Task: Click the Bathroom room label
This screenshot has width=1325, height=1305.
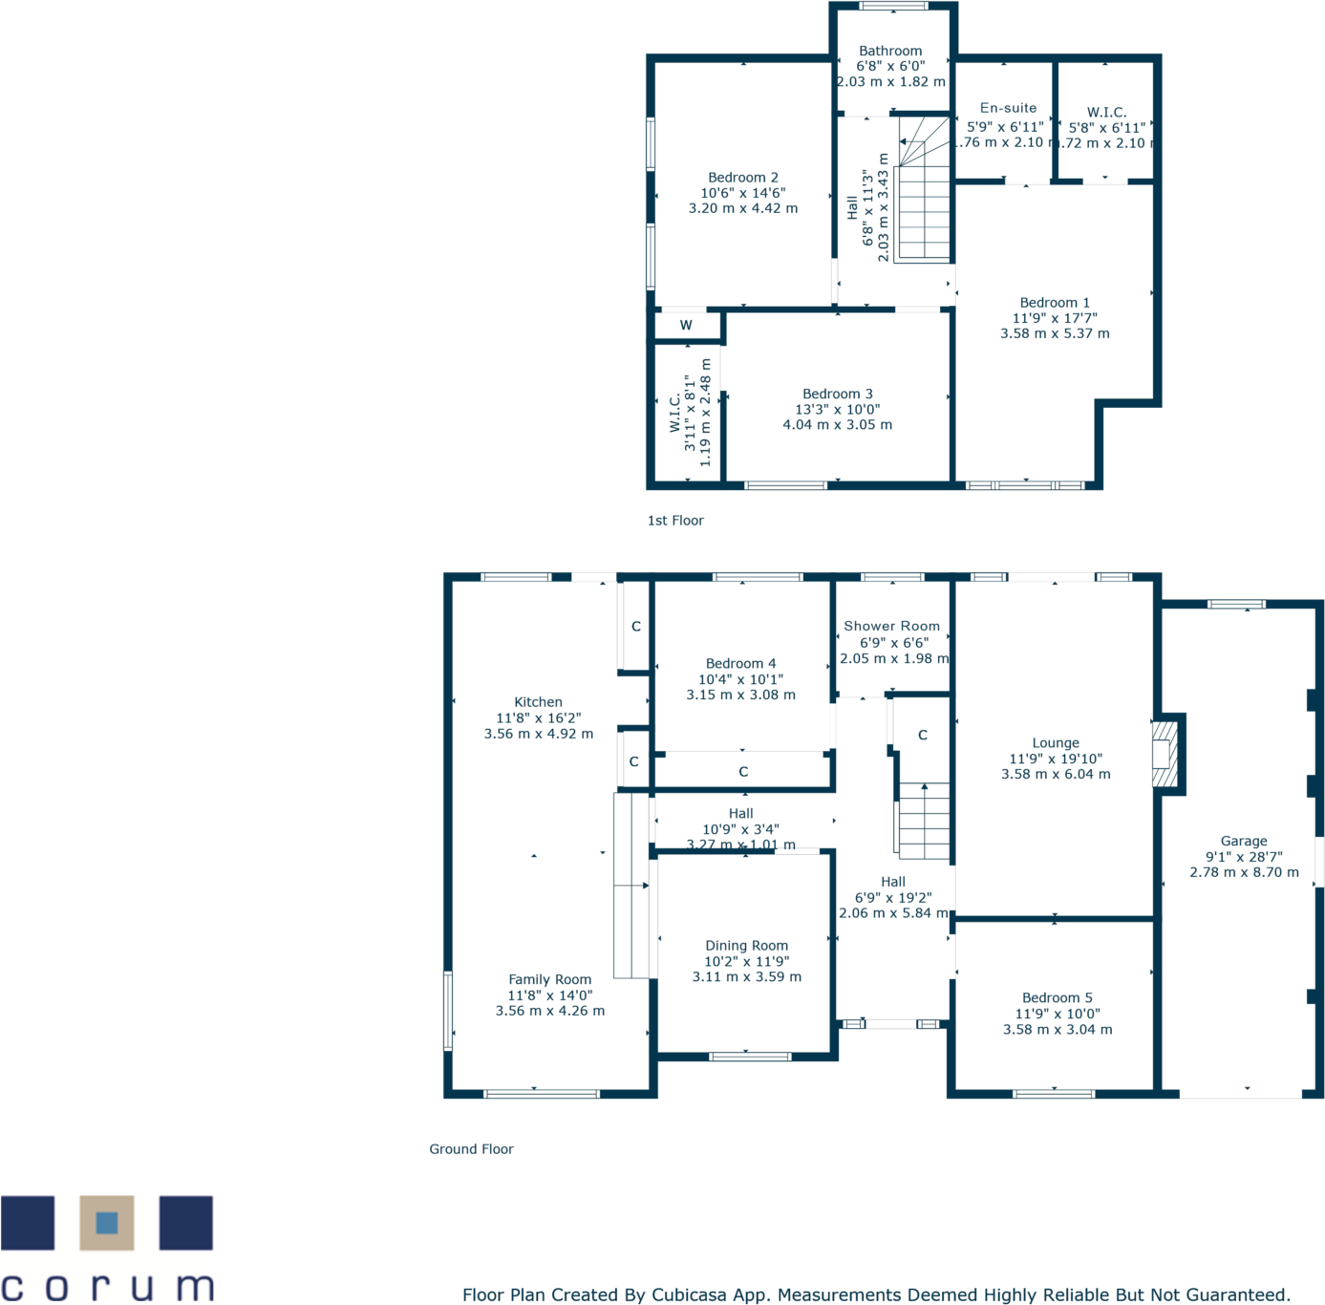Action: click(x=890, y=51)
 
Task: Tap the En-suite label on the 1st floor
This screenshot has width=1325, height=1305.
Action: click(x=1008, y=108)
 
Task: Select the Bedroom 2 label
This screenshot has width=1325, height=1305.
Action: click(x=742, y=178)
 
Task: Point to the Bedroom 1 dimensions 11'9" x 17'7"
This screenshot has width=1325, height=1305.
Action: click(x=1055, y=318)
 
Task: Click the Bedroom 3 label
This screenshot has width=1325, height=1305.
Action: click(x=837, y=394)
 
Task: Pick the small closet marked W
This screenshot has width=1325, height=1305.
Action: click(x=686, y=326)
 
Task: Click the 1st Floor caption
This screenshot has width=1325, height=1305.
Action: click(x=675, y=521)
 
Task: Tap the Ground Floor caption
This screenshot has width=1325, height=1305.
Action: click(x=471, y=1149)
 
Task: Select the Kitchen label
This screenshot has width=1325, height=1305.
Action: click(x=538, y=702)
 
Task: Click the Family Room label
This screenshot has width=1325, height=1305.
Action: click(x=549, y=979)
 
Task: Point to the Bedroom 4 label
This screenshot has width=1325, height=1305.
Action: click(x=740, y=664)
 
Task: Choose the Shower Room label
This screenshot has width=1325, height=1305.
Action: click(x=891, y=627)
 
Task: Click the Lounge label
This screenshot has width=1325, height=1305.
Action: click(x=1056, y=743)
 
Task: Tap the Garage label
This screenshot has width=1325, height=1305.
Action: click(x=1244, y=842)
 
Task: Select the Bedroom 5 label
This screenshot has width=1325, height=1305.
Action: click(x=1057, y=998)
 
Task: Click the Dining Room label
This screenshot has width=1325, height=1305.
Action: click(x=746, y=946)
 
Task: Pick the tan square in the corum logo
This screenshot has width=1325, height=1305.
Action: click(x=107, y=1223)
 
